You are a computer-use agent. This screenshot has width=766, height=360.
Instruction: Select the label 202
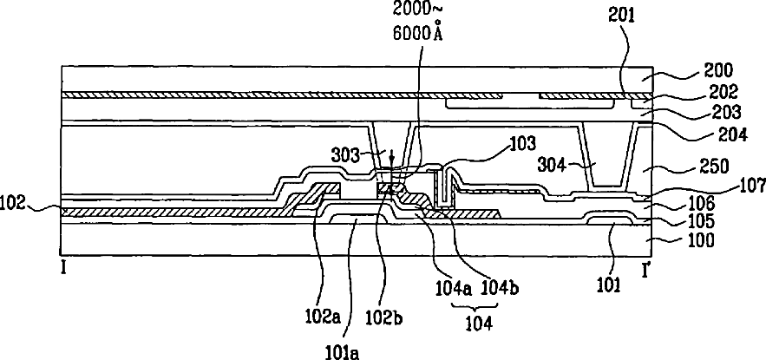[723, 91]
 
